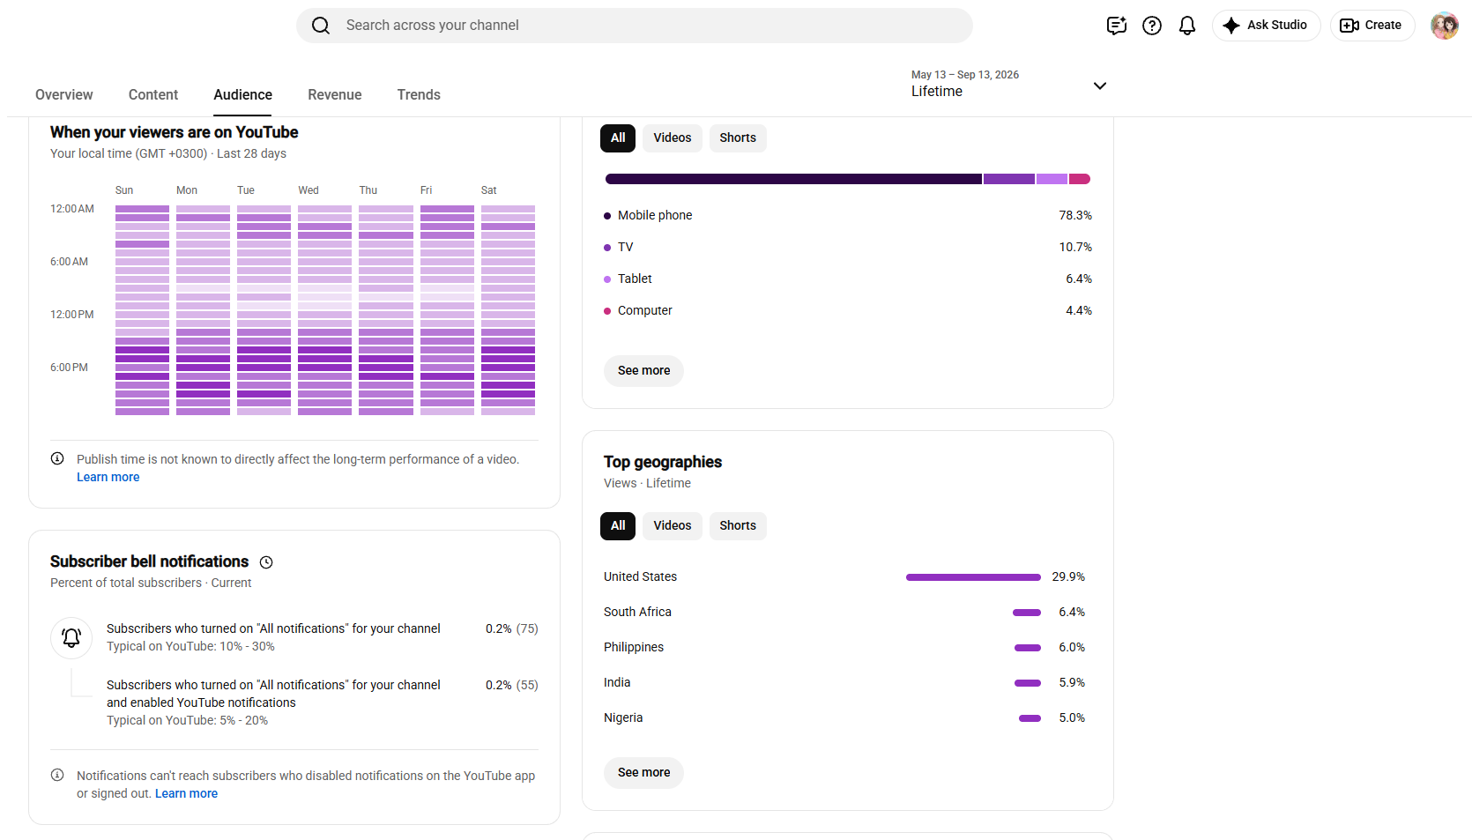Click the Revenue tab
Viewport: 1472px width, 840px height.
[334, 94]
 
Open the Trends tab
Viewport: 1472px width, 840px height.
[419, 94]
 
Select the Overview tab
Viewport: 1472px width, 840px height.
[63, 94]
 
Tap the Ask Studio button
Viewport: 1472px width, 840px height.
[1266, 26]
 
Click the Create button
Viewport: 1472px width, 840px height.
[1372, 26]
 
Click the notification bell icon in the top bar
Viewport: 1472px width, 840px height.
[1186, 26]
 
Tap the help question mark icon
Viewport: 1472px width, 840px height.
[1152, 26]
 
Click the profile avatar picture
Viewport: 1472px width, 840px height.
[1445, 26]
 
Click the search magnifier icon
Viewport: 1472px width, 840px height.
[321, 26]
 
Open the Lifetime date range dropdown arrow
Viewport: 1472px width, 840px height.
[1100, 86]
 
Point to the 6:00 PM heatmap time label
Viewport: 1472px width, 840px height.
[69, 368]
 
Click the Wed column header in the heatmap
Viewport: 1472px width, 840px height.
[309, 190]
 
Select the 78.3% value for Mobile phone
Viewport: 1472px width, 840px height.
[1075, 216]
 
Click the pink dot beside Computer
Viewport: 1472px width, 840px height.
[607, 311]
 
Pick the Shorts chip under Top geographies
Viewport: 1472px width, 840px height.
[737, 526]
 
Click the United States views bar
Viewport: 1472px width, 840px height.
[973, 577]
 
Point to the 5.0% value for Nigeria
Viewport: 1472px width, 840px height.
[1072, 717]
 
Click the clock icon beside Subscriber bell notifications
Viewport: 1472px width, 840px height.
[266, 562]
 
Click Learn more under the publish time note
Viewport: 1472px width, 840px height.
[108, 477]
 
